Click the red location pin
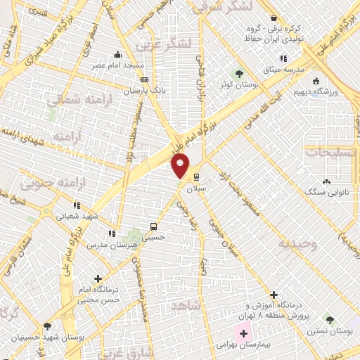(181, 164)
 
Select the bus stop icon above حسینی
(153, 226)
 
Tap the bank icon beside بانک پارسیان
(145, 80)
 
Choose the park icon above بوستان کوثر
(239, 72)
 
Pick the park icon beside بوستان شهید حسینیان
(47, 326)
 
